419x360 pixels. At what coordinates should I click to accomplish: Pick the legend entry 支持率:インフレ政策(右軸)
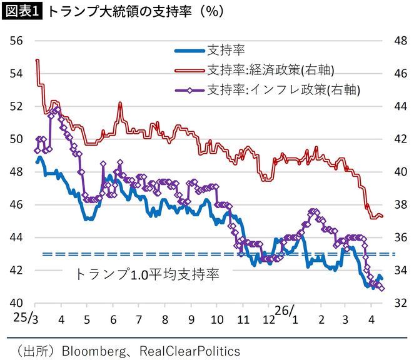point(281,89)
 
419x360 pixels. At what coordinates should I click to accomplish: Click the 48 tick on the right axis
point(400,41)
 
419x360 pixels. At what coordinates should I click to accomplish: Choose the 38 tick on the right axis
point(400,204)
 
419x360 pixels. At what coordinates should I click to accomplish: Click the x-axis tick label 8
point(164,319)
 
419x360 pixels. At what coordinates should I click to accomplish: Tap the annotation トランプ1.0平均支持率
point(147,274)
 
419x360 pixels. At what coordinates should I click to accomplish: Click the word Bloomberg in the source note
point(88,351)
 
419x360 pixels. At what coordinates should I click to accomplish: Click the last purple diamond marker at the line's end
point(381,288)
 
